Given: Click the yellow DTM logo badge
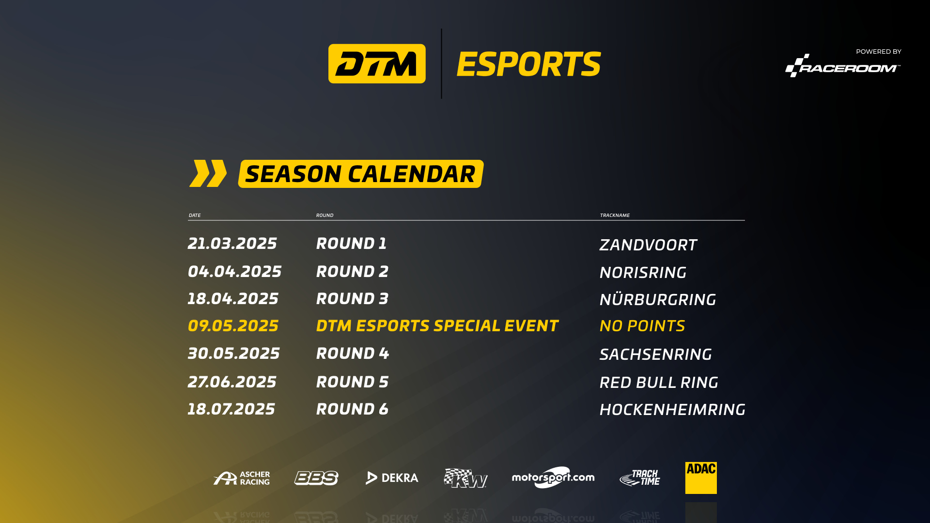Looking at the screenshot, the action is [377, 63].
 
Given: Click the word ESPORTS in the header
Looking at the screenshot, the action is [528, 64].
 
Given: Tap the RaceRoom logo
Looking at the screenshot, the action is [843, 65].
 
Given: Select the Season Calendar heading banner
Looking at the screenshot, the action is [361, 174].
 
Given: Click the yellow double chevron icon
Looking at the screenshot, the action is [208, 173].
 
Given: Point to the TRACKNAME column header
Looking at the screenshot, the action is [615, 215].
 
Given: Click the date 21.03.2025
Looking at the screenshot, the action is [232, 244].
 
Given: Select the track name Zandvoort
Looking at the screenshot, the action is [648, 245].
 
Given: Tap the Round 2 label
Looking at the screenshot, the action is [352, 272].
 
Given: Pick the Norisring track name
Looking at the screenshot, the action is [643, 273].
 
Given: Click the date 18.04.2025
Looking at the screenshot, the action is [233, 299].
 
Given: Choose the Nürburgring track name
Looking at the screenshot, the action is [658, 299].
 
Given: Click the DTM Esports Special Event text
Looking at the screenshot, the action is [437, 326].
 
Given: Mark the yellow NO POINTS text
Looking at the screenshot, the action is [642, 326].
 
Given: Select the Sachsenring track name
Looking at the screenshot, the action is [655, 354].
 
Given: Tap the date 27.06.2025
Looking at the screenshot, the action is [232, 382].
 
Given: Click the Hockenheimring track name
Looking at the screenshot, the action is [672, 410].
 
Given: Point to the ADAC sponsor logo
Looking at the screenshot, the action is [701, 478].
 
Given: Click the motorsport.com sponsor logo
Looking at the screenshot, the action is [553, 477].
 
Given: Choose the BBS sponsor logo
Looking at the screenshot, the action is [316, 478].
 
